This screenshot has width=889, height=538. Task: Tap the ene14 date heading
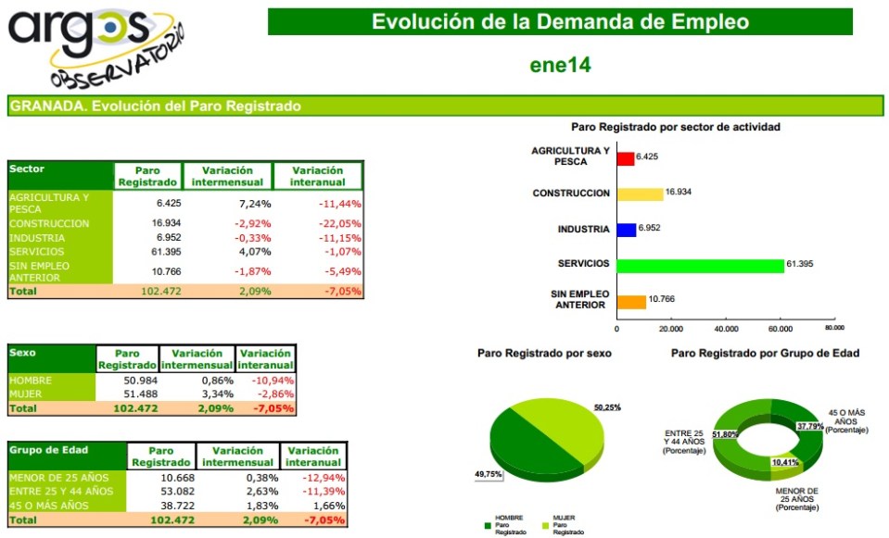click(560, 65)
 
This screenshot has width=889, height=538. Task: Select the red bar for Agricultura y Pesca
click(625, 158)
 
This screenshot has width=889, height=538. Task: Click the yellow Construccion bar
click(640, 194)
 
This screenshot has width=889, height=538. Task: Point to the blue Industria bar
click(626, 229)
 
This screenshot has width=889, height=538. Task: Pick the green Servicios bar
click(700, 265)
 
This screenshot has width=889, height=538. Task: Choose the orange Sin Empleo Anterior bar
click(631, 301)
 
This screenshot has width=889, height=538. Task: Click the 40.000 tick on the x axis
click(726, 328)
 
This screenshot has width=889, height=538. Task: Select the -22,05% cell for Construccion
click(339, 224)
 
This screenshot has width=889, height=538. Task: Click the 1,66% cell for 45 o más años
click(330, 505)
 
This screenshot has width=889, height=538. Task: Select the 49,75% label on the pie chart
click(489, 473)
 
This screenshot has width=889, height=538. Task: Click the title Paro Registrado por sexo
click(544, 353)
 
